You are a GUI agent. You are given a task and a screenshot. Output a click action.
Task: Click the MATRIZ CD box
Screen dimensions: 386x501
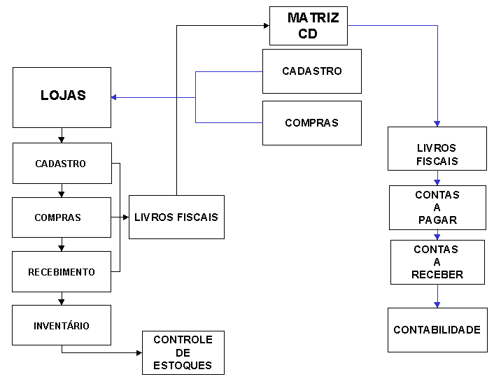[308, 25]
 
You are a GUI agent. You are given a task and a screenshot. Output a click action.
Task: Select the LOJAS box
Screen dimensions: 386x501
[62, 97]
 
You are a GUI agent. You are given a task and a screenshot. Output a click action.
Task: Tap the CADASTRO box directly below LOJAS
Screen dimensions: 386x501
[62, 164]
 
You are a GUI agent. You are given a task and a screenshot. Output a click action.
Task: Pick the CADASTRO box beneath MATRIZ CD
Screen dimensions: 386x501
[312, 71]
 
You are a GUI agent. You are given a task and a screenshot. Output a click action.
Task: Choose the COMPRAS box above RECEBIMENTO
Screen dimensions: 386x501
[62, 217]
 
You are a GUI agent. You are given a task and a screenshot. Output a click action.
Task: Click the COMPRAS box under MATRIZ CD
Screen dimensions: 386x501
[312, 123]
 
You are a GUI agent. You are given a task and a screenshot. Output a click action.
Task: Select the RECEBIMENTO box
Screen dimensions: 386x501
[62, 271]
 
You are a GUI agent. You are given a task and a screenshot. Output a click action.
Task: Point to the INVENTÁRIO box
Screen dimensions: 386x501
[62, 325]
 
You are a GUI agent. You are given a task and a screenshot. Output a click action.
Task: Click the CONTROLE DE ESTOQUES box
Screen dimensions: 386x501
[183, 352]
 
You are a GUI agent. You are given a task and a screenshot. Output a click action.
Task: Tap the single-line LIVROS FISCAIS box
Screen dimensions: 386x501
[176, 217]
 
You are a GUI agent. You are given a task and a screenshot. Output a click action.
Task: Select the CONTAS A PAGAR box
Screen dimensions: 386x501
[437, 207]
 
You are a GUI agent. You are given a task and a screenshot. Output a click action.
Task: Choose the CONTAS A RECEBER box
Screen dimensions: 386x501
[437, 262]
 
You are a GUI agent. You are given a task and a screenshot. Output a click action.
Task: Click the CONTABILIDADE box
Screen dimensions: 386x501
[437, 329]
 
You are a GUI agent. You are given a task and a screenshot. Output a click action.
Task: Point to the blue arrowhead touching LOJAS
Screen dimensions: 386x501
[114, 97]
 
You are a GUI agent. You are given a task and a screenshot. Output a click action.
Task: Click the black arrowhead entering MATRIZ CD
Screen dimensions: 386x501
[266, 25]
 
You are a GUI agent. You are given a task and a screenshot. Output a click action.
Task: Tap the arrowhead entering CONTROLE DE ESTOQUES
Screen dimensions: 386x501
[139, 352]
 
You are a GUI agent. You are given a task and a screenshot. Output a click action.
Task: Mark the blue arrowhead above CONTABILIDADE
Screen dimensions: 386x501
[437, 304]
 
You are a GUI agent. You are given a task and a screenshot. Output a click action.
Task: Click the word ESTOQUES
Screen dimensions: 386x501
[183, 365]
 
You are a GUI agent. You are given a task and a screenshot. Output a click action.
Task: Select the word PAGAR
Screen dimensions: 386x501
[437, 220]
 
